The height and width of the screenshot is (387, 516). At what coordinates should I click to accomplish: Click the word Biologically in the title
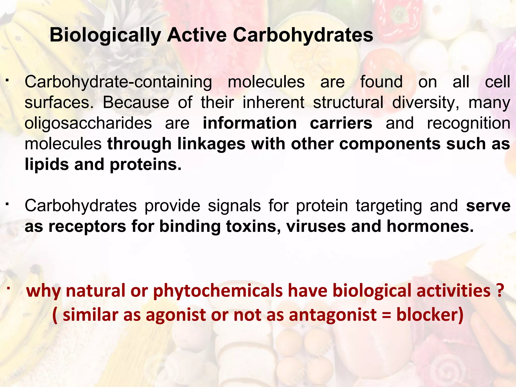coord(105,35)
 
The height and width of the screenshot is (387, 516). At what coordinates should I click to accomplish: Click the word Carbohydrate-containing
coord(118,82)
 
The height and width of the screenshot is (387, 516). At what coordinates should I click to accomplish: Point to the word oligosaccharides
coord(88,123)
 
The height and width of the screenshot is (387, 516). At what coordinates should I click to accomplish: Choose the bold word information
coord(250,123)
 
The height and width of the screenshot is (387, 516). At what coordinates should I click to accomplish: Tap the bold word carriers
coord(341,123)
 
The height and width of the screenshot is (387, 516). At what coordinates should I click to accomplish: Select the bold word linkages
coord(211,144)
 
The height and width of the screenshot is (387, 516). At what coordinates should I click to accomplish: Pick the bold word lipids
coord(47,165)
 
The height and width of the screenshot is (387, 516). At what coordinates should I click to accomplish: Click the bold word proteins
coord(145,165)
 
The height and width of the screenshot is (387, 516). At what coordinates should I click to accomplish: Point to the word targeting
coord(389,206)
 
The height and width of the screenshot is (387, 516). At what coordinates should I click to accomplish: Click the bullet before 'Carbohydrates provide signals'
coord(8,203)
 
